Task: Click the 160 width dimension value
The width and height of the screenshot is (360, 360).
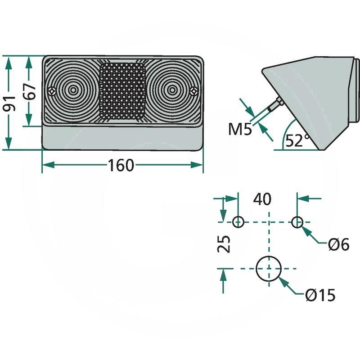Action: pos(121,166)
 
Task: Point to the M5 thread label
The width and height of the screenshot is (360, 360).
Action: pos(239,130)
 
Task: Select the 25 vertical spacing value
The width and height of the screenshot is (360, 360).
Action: pos(226,244)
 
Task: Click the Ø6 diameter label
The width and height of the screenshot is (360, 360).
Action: pos(338,244)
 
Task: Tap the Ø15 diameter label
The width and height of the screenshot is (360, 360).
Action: pos(319,296)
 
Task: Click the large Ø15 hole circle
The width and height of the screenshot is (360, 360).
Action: pos(269,269)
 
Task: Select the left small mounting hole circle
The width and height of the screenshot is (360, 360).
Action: pos(238,222)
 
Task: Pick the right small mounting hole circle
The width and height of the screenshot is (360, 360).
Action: pos(297,222)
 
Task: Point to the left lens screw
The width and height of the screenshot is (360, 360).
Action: pos(53,90)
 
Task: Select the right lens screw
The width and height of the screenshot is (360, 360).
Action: pos(193,90)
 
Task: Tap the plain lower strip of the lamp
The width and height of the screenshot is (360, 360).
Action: pos(122,137)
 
